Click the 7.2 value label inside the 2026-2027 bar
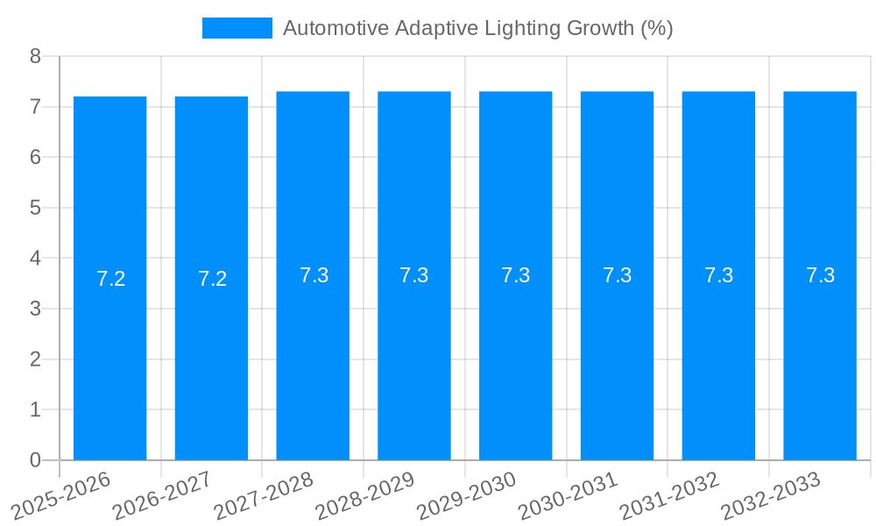(212, 279)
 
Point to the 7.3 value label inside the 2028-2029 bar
(413, 275)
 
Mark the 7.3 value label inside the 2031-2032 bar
(718, 275)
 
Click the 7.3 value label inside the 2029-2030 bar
(515, 275)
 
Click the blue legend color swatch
(237, 28)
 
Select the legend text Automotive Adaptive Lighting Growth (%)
(477, 28)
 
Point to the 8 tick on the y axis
(35, 56)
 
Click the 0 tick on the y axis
(35, 460)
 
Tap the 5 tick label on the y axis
(35, 208)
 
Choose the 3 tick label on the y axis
(35, 309)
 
